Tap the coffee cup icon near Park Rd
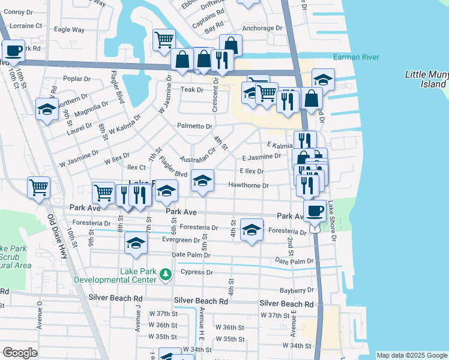(x=13, y=50)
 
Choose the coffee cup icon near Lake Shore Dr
(x=315, y=211)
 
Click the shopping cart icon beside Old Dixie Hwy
(x=39, y=187)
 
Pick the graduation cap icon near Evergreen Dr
(x=136, y=243)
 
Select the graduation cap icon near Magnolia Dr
(x=47, y=109)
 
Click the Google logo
(x=20, y=353)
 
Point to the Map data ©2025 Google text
(x=411, y=355)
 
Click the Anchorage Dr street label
(x=262, y=28)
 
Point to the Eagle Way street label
(x=69, y=29)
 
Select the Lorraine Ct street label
(x=26, y=26)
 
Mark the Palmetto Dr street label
(x=194, y=126)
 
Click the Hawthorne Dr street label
(x=248, y=185)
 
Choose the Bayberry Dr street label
(x=297, y=290)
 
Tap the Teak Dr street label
(x=192, y=89)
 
